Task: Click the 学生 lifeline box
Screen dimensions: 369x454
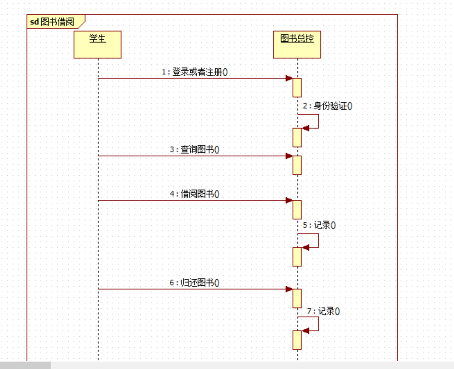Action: click(x=97, y=44)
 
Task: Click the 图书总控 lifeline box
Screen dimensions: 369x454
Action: click(x=297, y=44)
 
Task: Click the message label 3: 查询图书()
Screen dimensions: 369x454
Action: click(x=194, y=150)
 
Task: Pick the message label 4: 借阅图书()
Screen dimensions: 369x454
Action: click(x=194, y=194)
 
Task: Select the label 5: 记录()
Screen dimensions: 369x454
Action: click(x=319, y=226)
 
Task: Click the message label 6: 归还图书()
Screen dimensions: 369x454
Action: click(x=194, y=283)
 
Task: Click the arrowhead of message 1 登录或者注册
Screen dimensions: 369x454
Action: click(x=289, y=78)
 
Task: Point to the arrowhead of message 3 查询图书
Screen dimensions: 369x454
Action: click(x=289, y=156)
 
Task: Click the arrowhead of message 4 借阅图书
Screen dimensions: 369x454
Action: click(x=289, y=200)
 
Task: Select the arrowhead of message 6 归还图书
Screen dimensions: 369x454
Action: click(x=289, y=289)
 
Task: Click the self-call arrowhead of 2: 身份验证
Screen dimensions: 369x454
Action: click(x=305, y=128)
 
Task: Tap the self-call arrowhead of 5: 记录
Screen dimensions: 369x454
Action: click(x=305, y=247)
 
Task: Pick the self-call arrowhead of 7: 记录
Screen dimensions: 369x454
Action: click(x=305, y=331)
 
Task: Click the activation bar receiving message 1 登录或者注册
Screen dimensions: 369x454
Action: click(x=297, y=87)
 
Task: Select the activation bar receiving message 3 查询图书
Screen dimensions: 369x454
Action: click(x=297, y=165)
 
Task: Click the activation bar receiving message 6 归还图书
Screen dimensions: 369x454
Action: click(x=297, y=298)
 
